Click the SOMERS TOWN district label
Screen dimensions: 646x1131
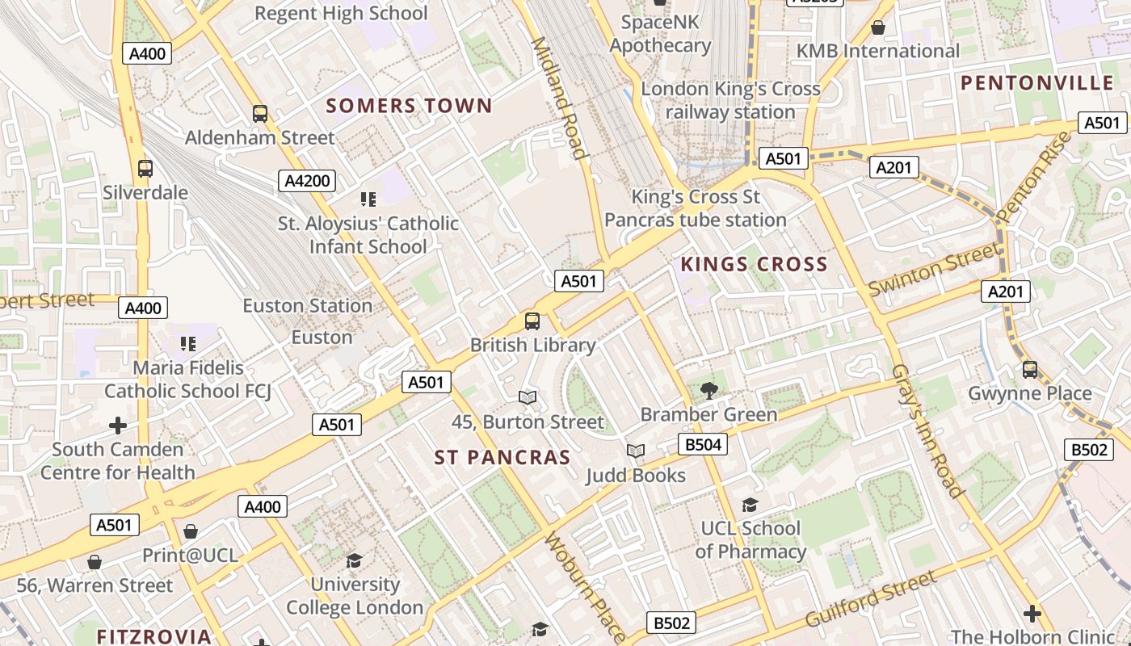409,106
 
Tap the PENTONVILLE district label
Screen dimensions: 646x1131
1037,83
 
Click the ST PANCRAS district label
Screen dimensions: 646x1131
502,458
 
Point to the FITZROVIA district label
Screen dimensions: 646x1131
154,636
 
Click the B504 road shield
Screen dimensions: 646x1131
702,444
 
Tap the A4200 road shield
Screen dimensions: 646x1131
307,181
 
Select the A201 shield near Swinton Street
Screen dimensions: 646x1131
1005,292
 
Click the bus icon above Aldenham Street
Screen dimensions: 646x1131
259,114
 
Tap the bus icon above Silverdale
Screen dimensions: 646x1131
145,169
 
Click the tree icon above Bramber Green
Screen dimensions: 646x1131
708,391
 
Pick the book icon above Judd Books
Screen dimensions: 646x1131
636,451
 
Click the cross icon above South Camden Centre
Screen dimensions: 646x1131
118,425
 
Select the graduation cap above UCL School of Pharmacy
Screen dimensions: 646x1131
750,505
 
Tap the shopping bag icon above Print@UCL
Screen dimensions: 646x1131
191,531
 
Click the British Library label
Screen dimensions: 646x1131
532,345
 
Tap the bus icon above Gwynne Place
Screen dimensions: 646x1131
1030,370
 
